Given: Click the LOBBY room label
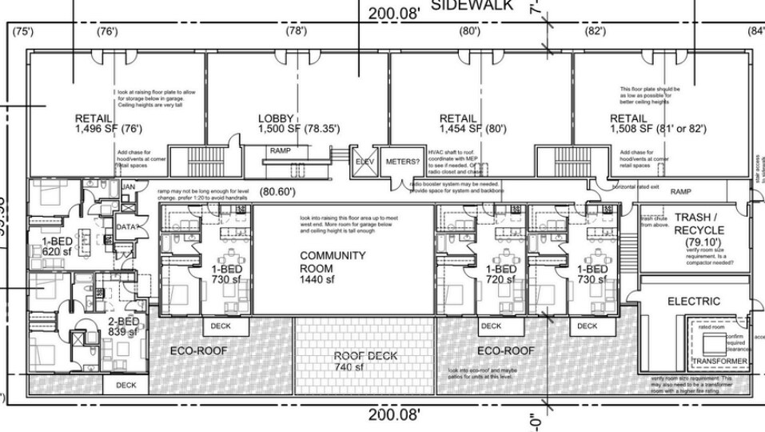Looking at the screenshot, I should click(x=276, y=119).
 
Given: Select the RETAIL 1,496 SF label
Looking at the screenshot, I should click(x=94, y=119).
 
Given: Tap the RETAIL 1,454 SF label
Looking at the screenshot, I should click(x=458, y=119).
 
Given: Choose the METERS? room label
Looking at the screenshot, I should click(x=402, y=162).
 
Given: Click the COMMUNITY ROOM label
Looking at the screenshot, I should click(x=333, y=262).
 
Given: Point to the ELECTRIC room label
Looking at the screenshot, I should click(x=693, y=302).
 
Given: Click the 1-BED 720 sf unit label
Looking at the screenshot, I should click(x=500, y=275).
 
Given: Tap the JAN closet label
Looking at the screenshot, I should click(x=128, y=187).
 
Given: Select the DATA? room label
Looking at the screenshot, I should click(x=127, y=226).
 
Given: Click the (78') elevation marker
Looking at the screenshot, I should click(x=297, y=31).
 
